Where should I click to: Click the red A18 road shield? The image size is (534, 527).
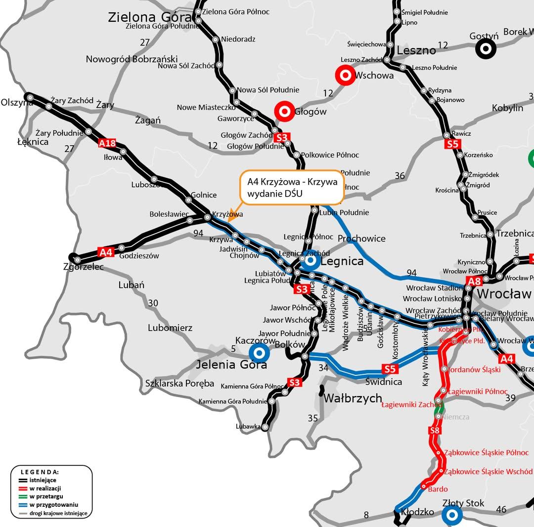[x=107, y=144]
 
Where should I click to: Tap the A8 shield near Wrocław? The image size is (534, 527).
[x=474, y=282]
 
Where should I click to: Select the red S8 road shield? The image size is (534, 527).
[x=434, y=431]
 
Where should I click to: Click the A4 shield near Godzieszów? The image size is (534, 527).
[x=106, y=252]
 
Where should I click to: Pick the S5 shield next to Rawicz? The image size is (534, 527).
[x=452, y=144]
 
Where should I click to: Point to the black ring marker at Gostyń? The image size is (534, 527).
[x=486, y=48]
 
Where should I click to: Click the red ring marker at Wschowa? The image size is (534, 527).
[x=345, y=75]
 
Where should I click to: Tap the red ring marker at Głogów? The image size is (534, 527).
[x=284, y=111]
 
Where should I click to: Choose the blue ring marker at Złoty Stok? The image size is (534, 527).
[x=451, y=516]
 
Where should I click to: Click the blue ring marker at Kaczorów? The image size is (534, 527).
[x=259, y=353]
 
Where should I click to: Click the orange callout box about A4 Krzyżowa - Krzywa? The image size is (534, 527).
[x=292, y=188]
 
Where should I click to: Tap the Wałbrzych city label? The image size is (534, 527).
[x=353, y=398]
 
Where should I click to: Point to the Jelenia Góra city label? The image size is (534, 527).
[x=231, y=365]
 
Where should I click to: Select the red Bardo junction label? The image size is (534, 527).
[x=438, y=489]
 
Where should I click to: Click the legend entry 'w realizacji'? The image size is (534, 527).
[x=45, y=488]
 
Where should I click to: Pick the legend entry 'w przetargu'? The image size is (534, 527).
[x=45, y=496]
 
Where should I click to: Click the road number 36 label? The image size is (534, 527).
[x=400, y=175]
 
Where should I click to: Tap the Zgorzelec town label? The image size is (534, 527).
[x=84, y=267]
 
